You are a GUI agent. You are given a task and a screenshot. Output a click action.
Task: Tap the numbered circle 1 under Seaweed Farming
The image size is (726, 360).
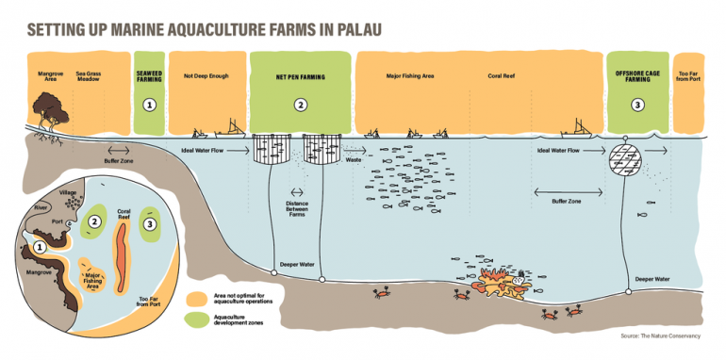coord(149,105)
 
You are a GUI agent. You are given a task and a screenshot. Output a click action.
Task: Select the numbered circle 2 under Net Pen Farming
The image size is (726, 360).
coord(300,105)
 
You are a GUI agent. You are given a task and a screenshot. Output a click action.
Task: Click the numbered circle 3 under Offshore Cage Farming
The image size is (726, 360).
coord(637,105)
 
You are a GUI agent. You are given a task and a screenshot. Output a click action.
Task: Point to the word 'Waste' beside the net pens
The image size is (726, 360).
coord(355,160)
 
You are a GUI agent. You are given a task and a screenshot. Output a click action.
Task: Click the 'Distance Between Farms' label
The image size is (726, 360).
coord(301,208)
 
